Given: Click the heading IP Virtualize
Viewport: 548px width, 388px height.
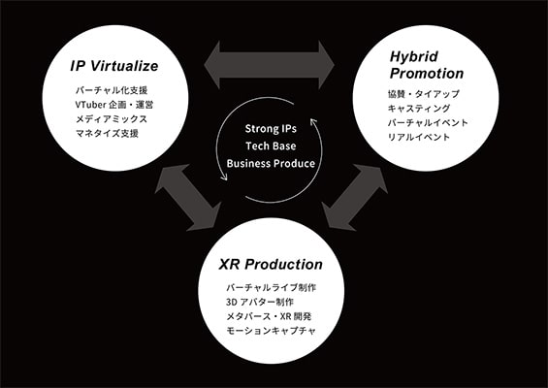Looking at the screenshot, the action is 114,66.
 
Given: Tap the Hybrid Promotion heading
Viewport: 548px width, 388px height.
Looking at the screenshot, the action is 427,65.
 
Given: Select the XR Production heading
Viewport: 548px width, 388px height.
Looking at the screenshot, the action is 271,264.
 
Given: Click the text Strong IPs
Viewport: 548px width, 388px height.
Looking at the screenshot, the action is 271,129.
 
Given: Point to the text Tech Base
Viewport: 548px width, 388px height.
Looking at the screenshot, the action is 271,146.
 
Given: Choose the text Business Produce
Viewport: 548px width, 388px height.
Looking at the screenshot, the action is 271,163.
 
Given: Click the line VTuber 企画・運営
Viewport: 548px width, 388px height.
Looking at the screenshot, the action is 114,105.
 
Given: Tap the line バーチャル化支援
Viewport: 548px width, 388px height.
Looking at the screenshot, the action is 112,90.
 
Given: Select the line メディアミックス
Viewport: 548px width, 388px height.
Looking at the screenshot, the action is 112,119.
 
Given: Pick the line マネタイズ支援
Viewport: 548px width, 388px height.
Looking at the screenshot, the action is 107,133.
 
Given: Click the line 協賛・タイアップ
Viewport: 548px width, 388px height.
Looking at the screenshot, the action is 424,94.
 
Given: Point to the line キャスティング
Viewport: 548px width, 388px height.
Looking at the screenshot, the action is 419,109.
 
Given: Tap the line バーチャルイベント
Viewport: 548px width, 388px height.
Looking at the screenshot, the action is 428,122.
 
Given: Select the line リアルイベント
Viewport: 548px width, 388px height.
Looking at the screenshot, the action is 419,137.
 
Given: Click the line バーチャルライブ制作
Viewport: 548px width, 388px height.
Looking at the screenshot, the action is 272,288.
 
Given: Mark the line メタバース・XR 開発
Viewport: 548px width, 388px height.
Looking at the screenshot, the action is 269,316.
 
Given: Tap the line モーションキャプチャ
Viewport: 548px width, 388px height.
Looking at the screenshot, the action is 272,331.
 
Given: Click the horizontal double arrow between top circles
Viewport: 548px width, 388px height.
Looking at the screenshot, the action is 269,65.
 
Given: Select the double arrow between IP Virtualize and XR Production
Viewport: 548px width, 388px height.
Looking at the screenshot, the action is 188,198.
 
